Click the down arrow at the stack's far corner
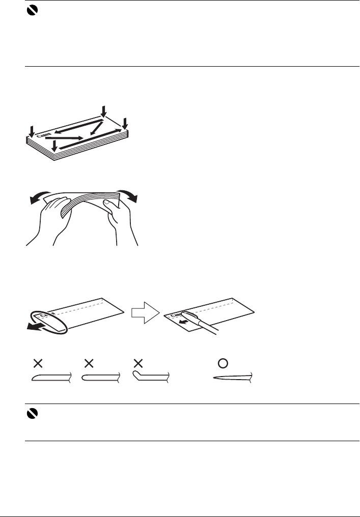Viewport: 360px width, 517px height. click(104, 111)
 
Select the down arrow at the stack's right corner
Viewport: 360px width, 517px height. click(125, 123)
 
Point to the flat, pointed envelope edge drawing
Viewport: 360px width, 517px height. click(234, 379)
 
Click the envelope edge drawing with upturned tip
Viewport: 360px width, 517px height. click(151, 376)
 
